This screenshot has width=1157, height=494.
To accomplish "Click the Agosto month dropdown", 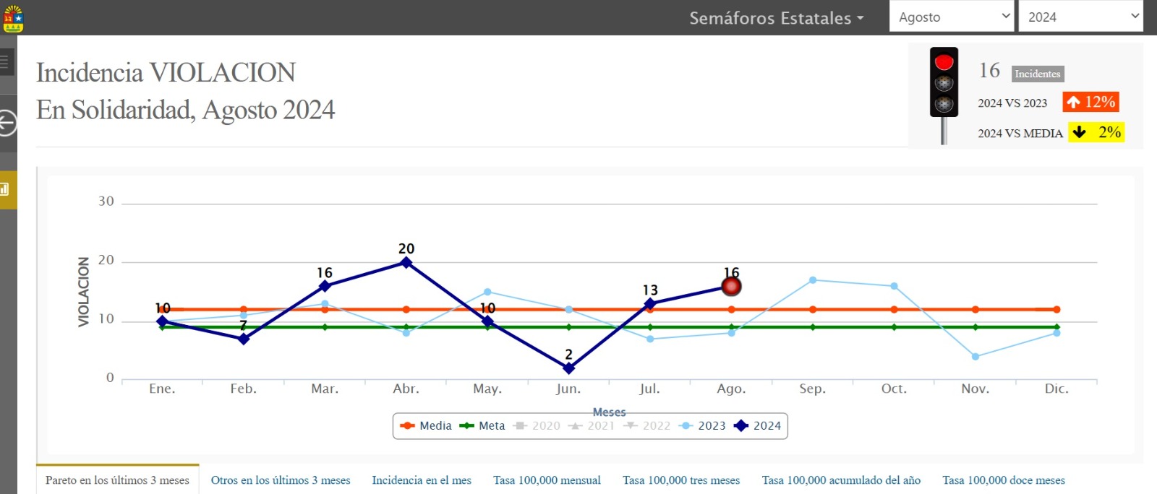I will [952, 17].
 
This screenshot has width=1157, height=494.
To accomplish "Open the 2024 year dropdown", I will [1080, 17].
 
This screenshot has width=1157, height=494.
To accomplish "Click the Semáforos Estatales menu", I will [776, 18].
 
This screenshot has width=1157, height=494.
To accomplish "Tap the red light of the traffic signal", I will [944, 63].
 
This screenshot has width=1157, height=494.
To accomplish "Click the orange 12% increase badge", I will [1091, 102].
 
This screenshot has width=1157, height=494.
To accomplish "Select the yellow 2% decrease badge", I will [1096, 132].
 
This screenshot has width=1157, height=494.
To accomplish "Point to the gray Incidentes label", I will [1037, 74].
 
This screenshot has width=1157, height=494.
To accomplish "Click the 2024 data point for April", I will [406, 263].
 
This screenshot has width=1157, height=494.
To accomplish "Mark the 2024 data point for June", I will [569, 368].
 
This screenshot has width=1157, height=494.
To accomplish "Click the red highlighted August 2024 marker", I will [732, 287].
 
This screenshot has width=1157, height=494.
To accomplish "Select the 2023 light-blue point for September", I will [813, 280].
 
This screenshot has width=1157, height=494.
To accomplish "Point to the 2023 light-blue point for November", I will [975, 357].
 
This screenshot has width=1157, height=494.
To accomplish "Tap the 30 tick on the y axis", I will [106, 201].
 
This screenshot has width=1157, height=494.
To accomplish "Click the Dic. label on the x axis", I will [1056, 389].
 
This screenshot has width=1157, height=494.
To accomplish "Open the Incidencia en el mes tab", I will [422, 480].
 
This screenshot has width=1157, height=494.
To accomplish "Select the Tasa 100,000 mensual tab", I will [547, 480].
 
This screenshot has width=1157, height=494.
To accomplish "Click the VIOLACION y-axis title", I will [84, 292].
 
